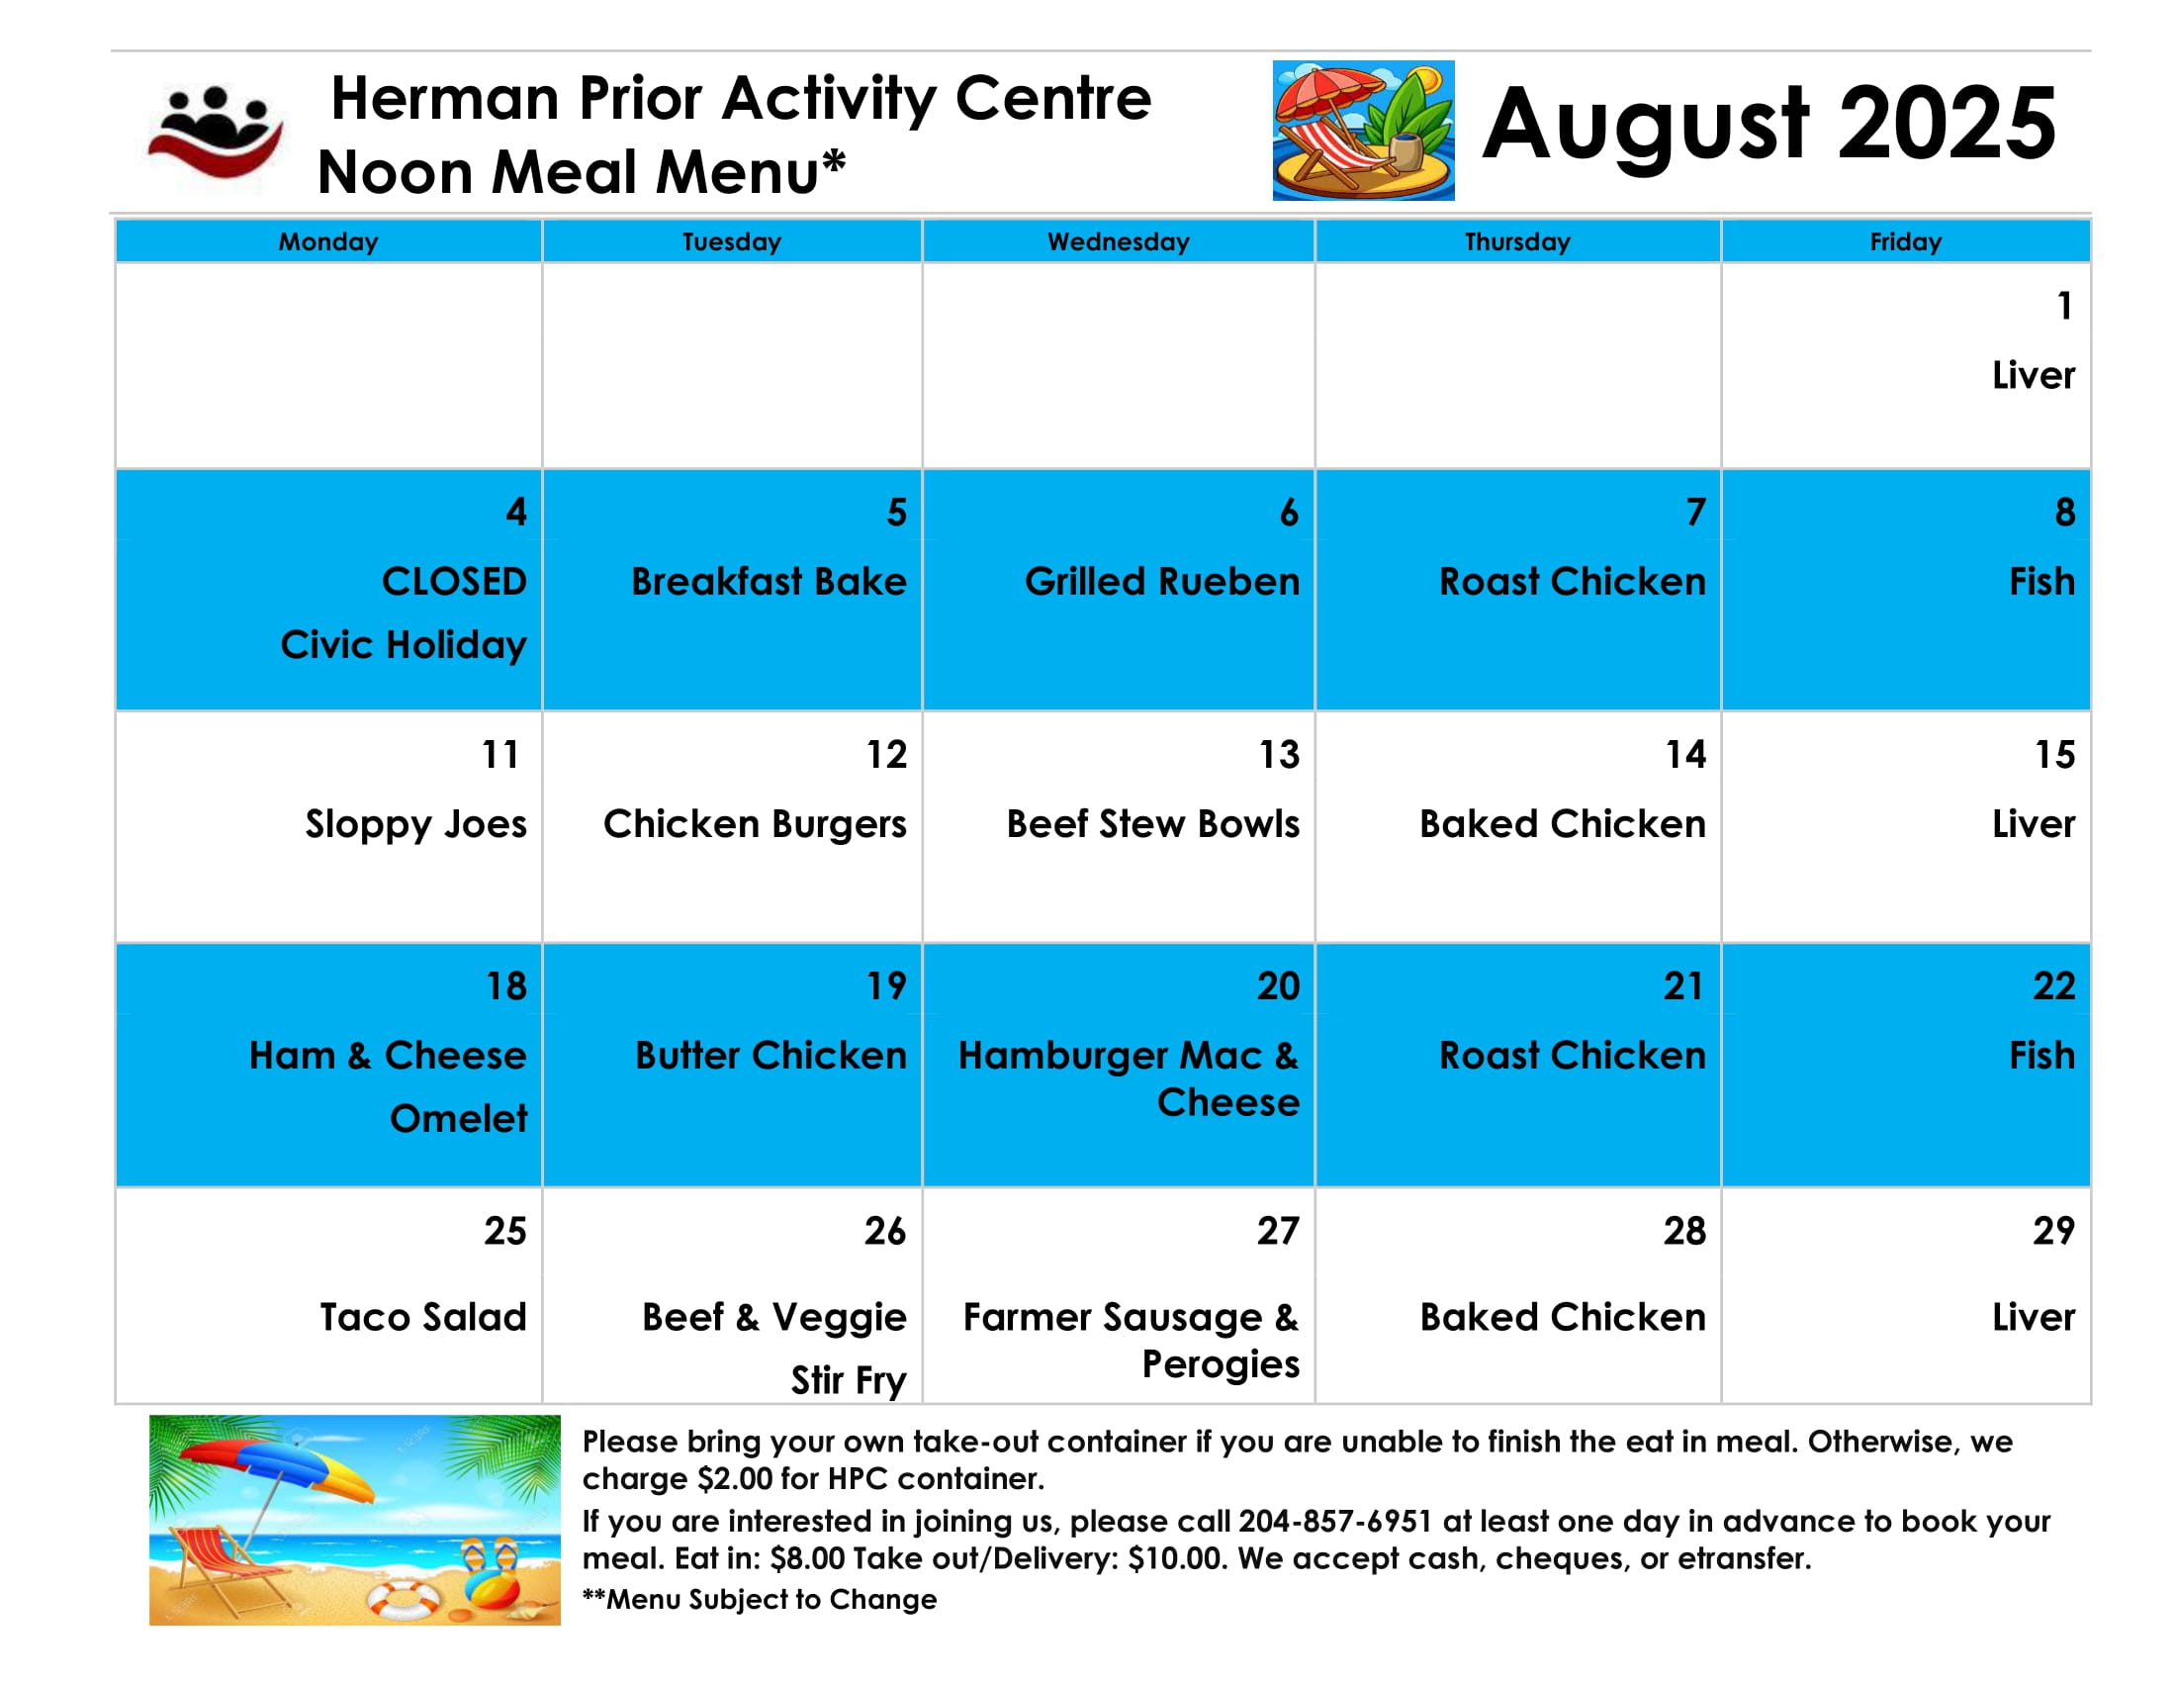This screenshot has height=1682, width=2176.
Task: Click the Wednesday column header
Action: click(x=1118, y=242)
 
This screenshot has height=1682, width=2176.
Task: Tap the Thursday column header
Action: click(x=1516, y=242)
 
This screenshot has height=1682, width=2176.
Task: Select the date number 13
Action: click(x=1279, y=754)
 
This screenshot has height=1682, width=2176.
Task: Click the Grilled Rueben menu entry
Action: click(x=1162, y=581)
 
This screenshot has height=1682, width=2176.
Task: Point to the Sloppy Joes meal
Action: click(x=415, y=825)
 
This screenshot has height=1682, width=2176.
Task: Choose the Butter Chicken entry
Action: click(x=771, y=1056)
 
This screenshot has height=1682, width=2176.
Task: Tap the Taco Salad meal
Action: click(x=422, y=1317)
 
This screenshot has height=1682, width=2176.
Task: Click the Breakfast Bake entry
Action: click(x=770, y=581)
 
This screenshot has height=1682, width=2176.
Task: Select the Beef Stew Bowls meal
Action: click(x=1152, y=824)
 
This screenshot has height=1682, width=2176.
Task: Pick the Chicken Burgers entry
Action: click(x=756, y=825)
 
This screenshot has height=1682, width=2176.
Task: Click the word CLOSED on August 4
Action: click(x=454, y=581)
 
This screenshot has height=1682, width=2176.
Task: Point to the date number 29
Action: click(x=2053, y=1231)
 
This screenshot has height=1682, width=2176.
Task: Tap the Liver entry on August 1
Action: click(x=2034, y=376)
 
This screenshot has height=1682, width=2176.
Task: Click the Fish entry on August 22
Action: click(x=2041, y=1056)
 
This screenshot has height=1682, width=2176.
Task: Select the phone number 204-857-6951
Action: click(x=1335, y=1522)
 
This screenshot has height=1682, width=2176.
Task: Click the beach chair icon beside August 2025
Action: click(x=1363, y=131)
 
